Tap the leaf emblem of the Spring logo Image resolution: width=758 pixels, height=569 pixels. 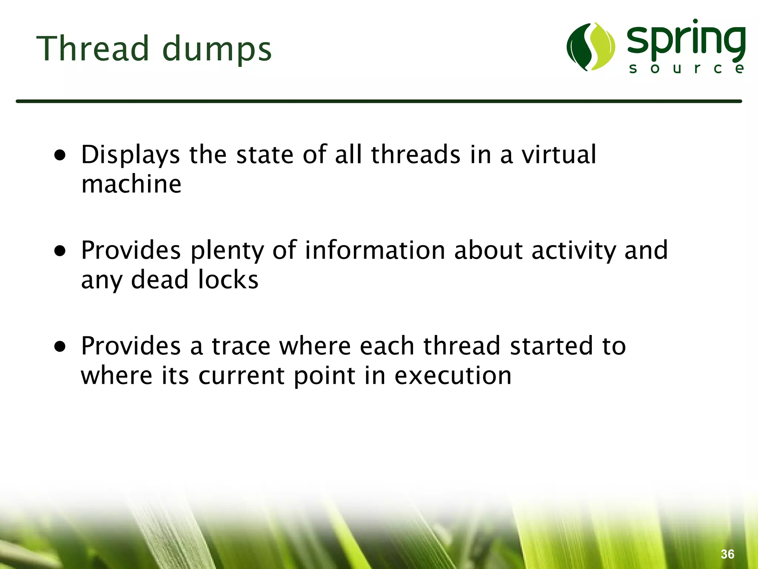tap(591, 47)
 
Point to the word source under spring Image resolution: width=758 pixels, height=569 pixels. tap(687, 69)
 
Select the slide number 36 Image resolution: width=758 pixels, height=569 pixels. tap(727, 554)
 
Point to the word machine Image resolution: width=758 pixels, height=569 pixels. tap(131, 184)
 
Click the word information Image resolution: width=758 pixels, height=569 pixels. tap(375, 250)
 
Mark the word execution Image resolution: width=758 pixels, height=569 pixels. tap(453, 376)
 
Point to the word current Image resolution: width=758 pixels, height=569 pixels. tap(242, 376)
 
